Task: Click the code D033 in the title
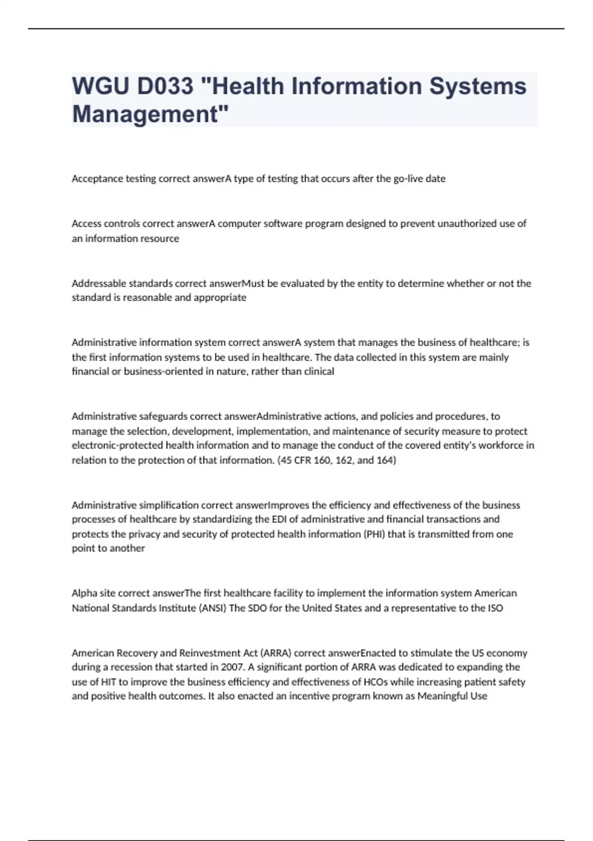pyautogui.click(x=165, y=87)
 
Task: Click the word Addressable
pyautogui.click(x=99, y=283)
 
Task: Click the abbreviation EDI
pyautogui.click(x=280, y=519)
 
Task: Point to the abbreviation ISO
pyautogui.click(x=495, y=608)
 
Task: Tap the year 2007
pyautogui.click(x=231, y=667)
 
